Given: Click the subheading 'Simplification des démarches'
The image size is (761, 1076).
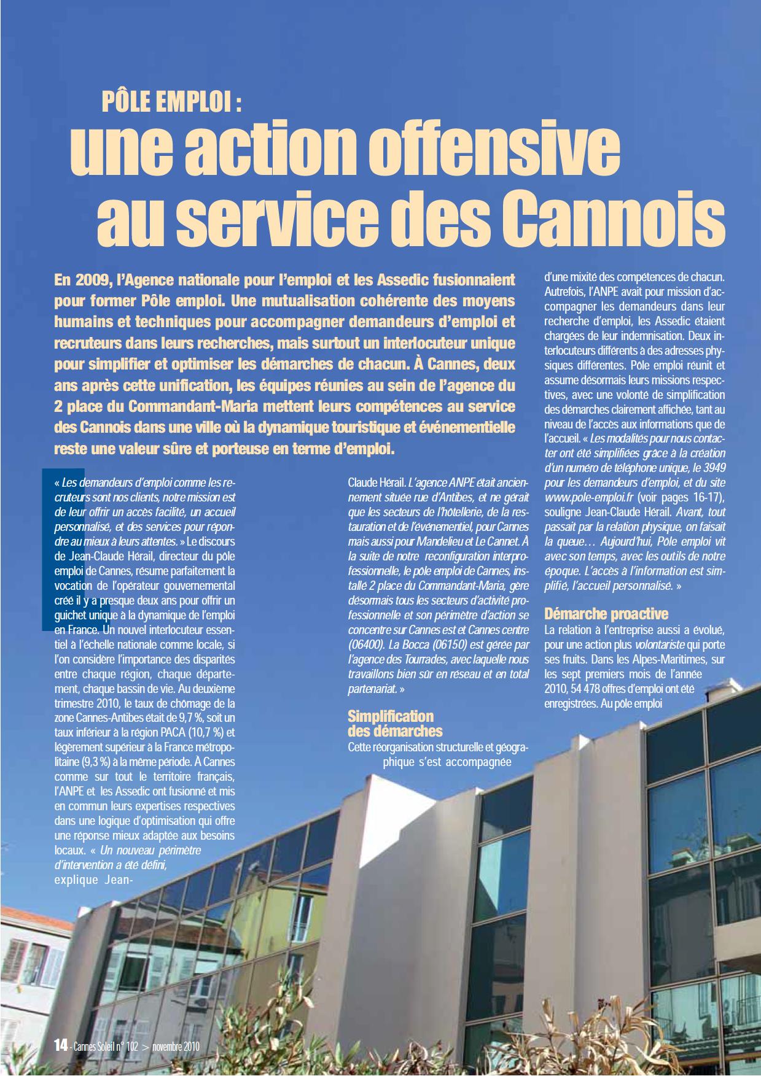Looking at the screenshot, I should (x=395, y=723).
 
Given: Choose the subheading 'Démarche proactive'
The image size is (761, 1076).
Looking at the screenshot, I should (x=606, y=614).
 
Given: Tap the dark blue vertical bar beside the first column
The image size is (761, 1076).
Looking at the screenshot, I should (x=47, y=549).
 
